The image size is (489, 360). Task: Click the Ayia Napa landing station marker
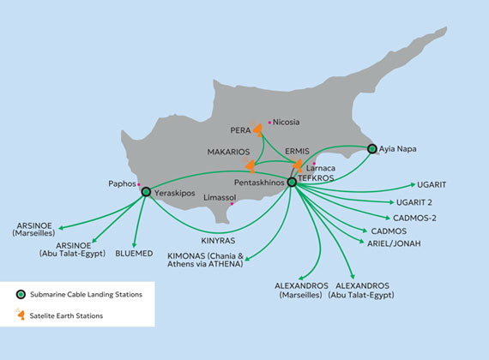click(371, 148)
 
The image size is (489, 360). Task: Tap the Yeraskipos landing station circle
click(146, 192)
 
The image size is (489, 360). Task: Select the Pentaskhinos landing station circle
click(292, 182)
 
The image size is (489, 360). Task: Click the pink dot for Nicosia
click(269, 123)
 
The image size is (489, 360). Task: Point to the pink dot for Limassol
click(232, 204)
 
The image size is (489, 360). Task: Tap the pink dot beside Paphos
click(139, 184)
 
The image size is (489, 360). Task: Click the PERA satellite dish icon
click(257, 129)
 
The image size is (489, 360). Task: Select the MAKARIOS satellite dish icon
click(251, 165)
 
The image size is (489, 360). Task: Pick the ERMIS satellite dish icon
click(297, 165)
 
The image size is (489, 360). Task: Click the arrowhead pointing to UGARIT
click(413, 184)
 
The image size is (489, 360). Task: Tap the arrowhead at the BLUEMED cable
click(135, 245)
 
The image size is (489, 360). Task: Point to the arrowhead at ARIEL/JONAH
click(362, 241)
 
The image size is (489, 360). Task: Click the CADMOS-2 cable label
click(414, 218)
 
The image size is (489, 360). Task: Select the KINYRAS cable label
click(218, 241)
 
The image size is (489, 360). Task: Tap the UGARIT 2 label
click(414, 202)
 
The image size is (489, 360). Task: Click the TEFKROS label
click(316, 178)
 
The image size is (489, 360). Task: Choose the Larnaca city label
click(321, 168)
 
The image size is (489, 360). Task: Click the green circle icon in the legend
click(21, 294)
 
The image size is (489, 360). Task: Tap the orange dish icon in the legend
click(21, 315)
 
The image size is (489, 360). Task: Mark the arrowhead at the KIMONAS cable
click(247, 258)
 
